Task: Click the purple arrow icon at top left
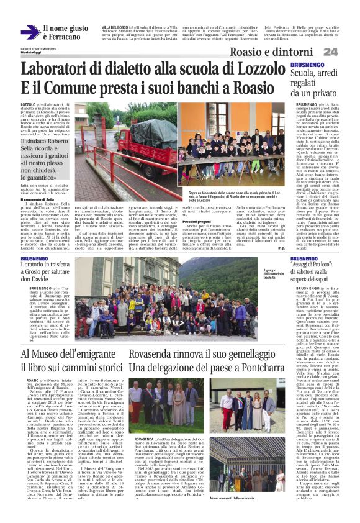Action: tap(29, 32)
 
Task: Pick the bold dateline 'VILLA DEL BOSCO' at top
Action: tap(114, 28)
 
